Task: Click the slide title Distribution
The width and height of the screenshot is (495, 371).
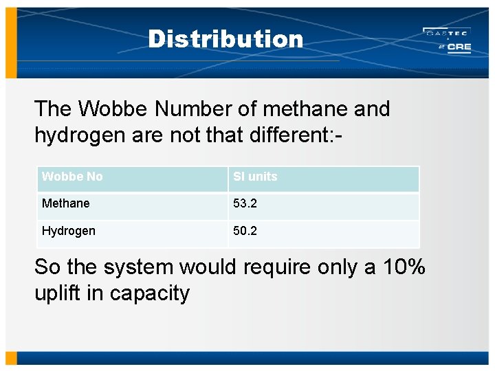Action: coord(225,39)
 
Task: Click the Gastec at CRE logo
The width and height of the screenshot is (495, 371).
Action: coord(447,41)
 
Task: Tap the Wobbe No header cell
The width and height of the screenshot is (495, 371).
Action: coord(72,177)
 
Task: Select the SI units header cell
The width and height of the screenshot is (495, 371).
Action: coord(255,177)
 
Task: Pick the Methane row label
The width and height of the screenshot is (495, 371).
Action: coord(65,203)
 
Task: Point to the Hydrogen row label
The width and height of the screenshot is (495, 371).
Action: coord(68,231)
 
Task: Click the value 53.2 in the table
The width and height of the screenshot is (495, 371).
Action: coord(245,203)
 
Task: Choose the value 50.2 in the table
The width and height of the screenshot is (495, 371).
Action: coord(245,231)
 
